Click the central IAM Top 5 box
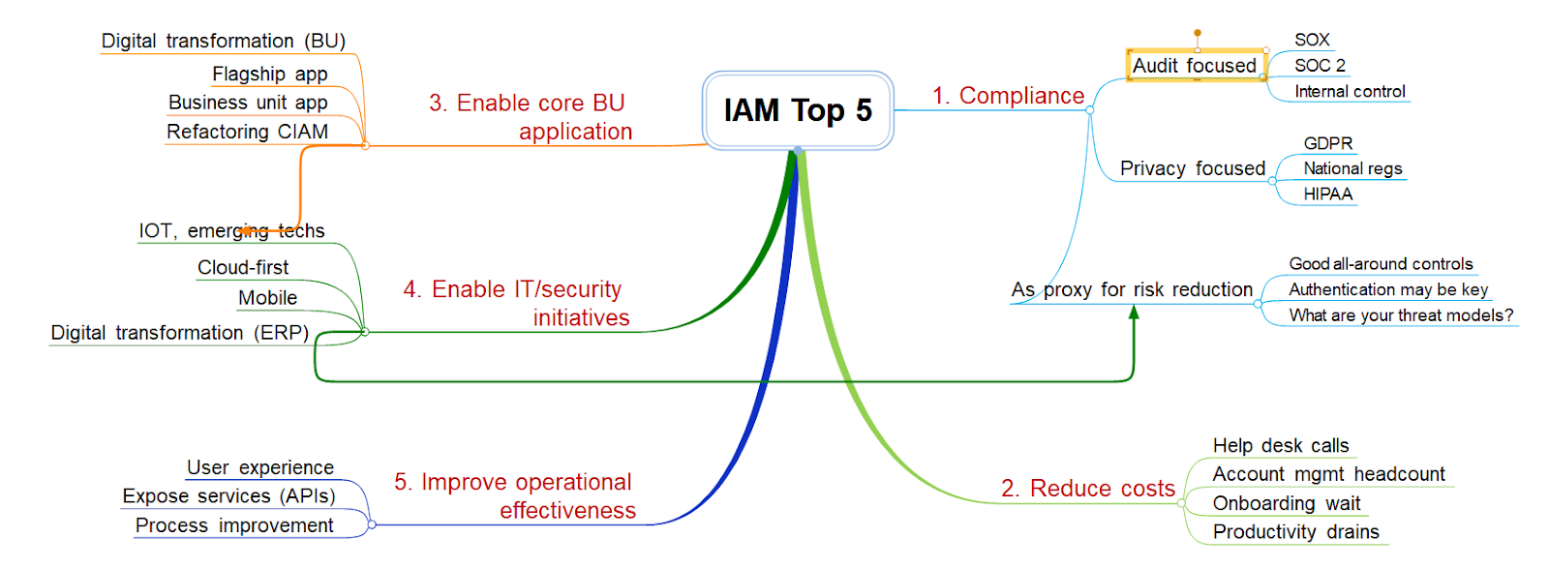click(x=798, y=110)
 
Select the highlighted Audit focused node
click(x=1197, y=65)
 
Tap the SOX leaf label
click(x=1312, y=40)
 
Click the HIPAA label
click(x=1327, y=194)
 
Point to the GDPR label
click(x=1327, y=143)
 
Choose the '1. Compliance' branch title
click(x=1008, y=96)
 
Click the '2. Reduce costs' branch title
click(x=1088, y=488)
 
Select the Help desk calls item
click(x=1281, y=446)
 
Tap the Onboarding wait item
click(x=1287, y=503)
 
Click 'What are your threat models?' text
click(x=1401, y=315)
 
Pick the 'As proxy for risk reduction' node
click(x=1132, y=289)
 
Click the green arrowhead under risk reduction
click(x=1134, y=313)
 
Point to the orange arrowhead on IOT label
click(x=245, y=231)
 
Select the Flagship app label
click(x=270, y=74)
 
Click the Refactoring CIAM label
click(x=248, y=132)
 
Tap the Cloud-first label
click(x=243, y=267)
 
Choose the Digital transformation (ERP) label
click(x=180, y=333)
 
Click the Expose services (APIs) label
click(x=228, y=496)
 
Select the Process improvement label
click(x=234, y=525)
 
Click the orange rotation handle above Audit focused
click(x=1197, y=33)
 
